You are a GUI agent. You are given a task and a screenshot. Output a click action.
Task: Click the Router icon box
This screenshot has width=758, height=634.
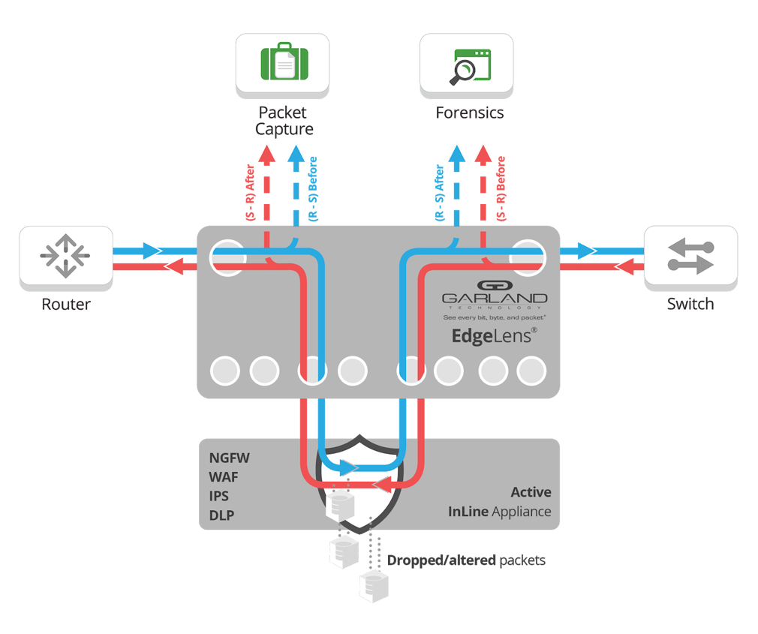point(66,257)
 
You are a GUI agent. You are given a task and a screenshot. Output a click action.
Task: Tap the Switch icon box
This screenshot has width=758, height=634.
point(690,257)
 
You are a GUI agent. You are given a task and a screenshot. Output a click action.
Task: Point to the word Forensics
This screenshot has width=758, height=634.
point(470,113)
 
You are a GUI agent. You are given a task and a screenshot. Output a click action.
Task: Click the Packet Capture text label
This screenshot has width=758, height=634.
point(283,121)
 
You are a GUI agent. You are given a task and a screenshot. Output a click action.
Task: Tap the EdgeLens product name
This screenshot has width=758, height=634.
point(492,337)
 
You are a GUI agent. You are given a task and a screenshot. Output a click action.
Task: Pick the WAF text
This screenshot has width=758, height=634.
point(225,477)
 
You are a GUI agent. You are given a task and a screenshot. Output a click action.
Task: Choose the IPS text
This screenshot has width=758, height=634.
point(220,497)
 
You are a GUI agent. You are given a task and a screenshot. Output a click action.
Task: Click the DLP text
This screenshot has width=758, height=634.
point(221,516)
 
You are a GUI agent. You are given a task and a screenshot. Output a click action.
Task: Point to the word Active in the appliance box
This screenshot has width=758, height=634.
point(531,493)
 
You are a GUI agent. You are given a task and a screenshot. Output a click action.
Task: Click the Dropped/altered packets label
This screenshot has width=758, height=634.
point(465,560)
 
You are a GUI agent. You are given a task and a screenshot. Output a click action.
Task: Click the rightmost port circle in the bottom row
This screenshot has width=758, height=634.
point(531,370)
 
